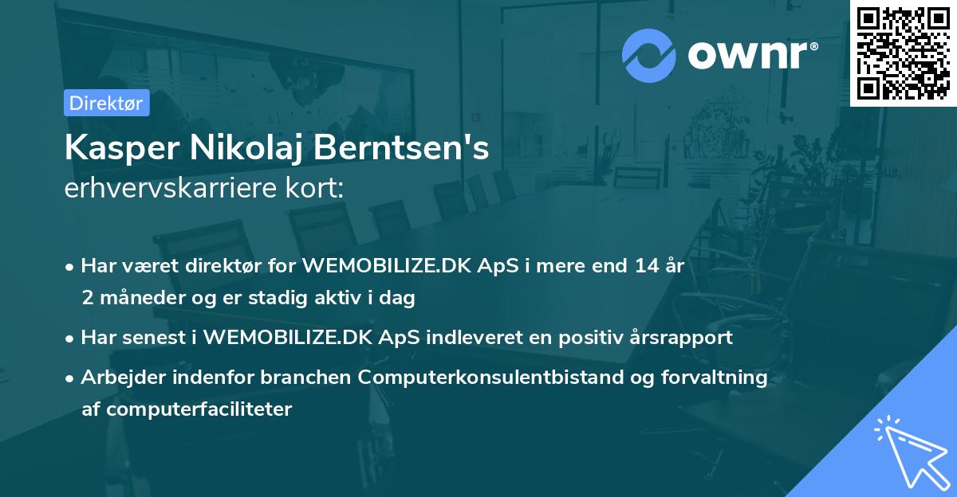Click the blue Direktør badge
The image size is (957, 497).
click(106, 104)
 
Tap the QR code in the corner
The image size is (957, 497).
click(903, 53)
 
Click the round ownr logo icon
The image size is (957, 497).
click(649, 55)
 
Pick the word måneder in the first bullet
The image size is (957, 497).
click(140, 298)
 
